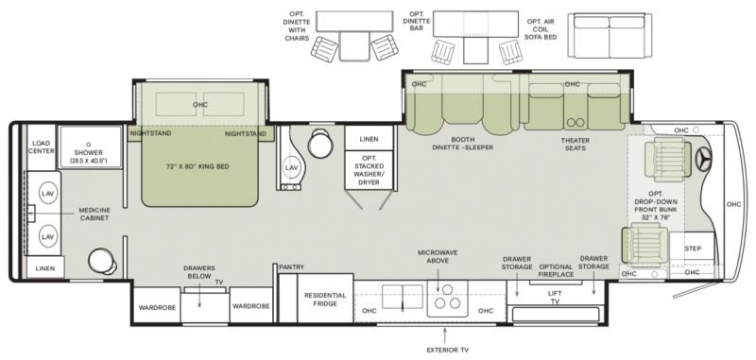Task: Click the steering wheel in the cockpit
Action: (x=704, y=158)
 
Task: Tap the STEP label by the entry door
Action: (x=693, y=249)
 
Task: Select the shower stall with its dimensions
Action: (x=90, y=147)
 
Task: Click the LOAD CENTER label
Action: (x=42, y=147)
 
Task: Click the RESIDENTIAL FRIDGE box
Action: (x=325, y=299)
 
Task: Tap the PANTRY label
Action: (x=291, y=267)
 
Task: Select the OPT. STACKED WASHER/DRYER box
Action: (x=369, y=170)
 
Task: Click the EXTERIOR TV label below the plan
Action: (x=447, y=350)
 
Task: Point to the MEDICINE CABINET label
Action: (x=94, y=214)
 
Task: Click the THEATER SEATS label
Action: (x=576, y=145)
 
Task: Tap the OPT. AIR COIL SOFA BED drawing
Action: (x=610, y=36)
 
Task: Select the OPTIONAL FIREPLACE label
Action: (x=556, y=270)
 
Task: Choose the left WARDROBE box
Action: (x=157, y=305)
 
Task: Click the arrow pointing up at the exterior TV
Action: (x=445, y=334)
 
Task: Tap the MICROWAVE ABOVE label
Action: (x=438, y=256)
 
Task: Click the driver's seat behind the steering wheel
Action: (x=667, y=159)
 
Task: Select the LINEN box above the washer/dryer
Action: (x=369, y=138)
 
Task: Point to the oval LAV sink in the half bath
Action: (x=291, y=167)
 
